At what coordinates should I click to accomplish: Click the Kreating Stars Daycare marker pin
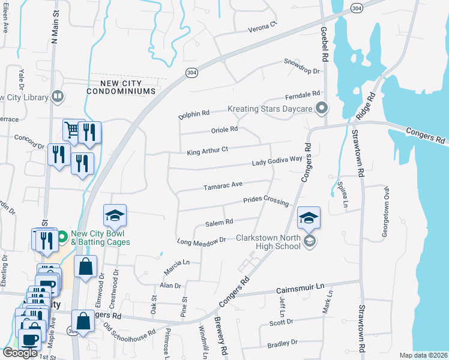322,109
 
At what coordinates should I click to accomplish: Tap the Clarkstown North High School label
268,242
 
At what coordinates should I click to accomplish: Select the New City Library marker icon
58,95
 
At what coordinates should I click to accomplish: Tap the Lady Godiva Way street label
277,160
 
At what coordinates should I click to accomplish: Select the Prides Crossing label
265,200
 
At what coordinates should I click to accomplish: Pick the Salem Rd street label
218,223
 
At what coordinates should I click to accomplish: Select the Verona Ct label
263,28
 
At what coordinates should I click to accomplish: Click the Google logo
20,353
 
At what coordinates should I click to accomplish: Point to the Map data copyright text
423,355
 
